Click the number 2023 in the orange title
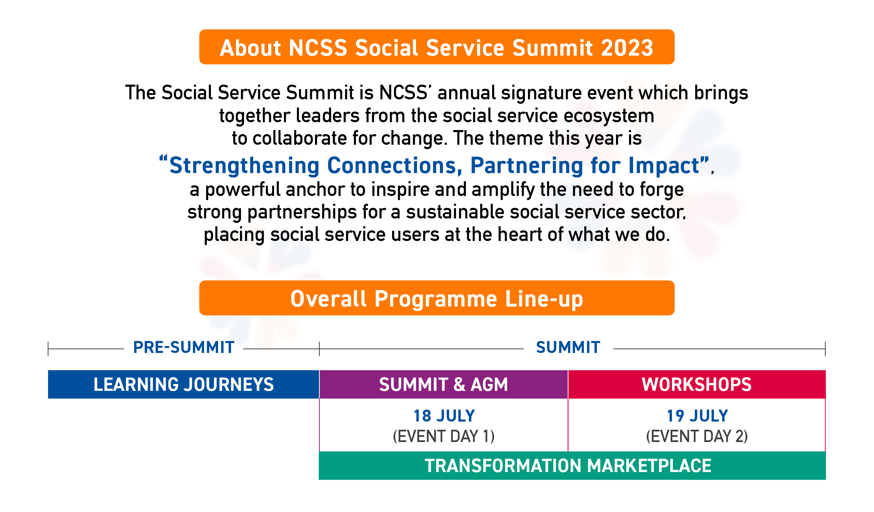(627, 48)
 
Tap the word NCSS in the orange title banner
(318, 48)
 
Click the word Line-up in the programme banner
(544, 299)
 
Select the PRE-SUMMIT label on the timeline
(184, 347)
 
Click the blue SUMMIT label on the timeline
(568, 347)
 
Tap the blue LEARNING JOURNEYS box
(184, 385)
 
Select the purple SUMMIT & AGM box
(444, 385)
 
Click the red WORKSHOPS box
(697, 385)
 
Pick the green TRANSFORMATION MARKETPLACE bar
(568, 466)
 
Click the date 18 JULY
(444, 416)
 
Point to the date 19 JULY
(697, 416)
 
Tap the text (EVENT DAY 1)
(444, 436)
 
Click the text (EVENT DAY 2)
(697, 436)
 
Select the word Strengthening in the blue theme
(244, 166)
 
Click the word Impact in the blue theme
(664, 166)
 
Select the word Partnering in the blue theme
(527, 166)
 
